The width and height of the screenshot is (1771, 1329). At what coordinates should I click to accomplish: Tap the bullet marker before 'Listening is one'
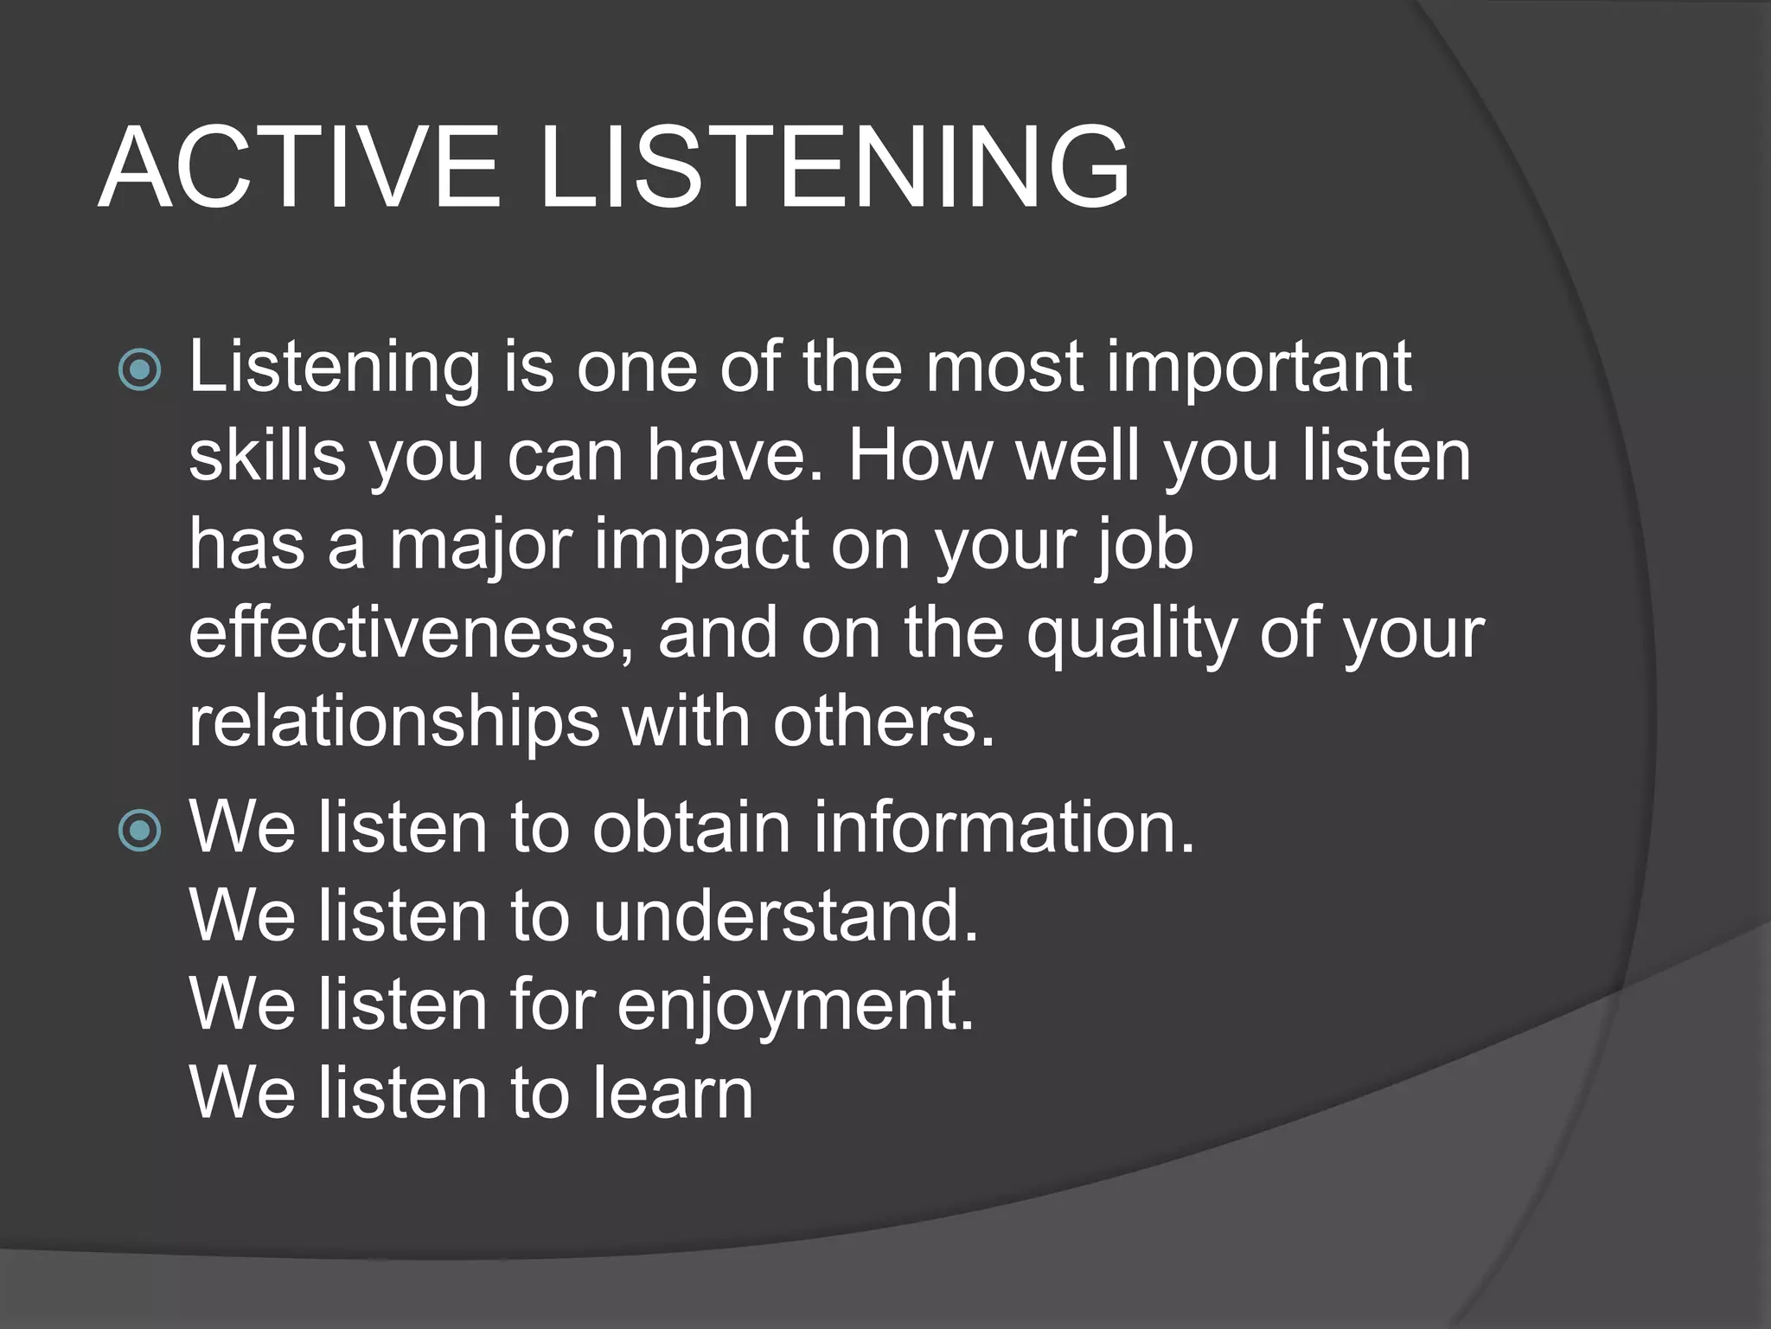pyautogui.click(x=139, y=370)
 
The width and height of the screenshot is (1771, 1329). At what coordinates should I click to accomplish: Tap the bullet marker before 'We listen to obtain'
pyautogui.click(x=139, y=831)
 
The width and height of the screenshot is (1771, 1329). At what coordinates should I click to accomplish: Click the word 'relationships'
pyautogui.click(x=393, y=723)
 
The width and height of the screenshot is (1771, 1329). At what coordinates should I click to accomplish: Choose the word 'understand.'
pyautogui.click(x=786, y=916)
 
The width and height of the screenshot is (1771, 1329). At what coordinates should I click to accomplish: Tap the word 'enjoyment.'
pyautogui.click(x=796, y=1007)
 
